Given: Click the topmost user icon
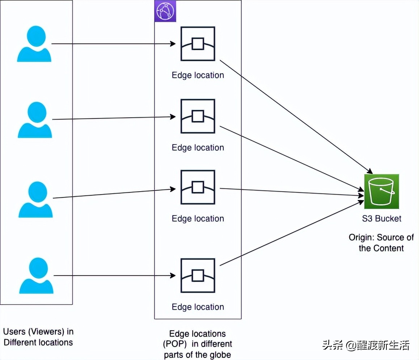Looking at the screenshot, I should click(x=34, y=44).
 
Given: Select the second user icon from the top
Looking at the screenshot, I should click(x=35, y=120).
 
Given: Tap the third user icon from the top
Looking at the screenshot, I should click(x=35, y=200).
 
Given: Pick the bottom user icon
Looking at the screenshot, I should click(x=36, y=276).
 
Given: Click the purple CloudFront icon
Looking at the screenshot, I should click(x=165, y=11).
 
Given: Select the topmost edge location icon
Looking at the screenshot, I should click(x=198, y=44).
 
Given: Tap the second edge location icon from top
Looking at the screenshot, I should click(x=198, y=116).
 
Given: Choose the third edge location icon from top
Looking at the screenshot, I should click(x=198, y=187).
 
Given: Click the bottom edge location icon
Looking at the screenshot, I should click(x=198, y=276).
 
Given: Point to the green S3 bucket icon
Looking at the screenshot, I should click(x=381, y=192).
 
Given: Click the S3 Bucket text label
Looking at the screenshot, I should click(x=381, y=218).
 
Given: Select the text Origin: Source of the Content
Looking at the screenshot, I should click(x=381, y=243).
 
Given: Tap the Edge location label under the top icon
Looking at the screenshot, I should click(x=198, y=75).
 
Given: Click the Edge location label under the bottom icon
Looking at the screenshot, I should click(x=198, y=307).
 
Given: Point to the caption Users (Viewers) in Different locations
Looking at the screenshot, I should click(x=38, y=337).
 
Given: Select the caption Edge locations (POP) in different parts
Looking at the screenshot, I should click(x=198, y=344).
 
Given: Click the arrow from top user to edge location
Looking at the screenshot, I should click(x=112, y=44).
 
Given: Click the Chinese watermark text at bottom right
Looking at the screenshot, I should click(x=366, y=345).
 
